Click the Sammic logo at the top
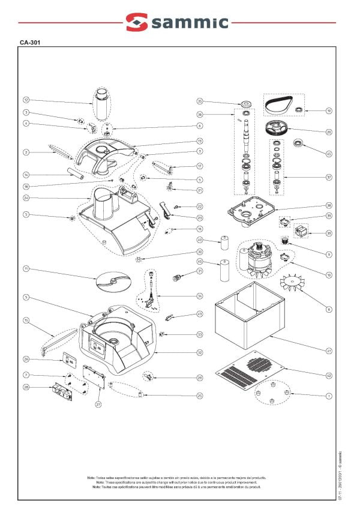(177, 22)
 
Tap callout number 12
(26, 100)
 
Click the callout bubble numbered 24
(26, 197)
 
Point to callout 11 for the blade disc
(26, 268)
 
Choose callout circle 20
(329, 132)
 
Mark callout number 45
(329, 154)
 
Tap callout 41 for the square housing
(329, 349)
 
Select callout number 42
(329, 375)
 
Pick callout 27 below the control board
(97, 405)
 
